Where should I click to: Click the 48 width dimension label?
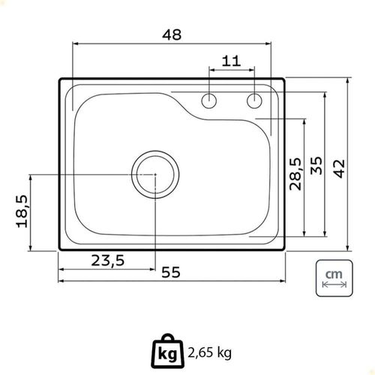172,34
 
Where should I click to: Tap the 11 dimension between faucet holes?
232,61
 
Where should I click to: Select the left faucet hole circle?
209,100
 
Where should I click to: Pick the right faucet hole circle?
254,100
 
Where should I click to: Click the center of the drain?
155,175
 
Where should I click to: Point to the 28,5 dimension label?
295,174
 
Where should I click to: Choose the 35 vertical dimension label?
316,165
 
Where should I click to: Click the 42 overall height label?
340,169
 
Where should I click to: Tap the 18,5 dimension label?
22,211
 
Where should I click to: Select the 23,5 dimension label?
108,260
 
